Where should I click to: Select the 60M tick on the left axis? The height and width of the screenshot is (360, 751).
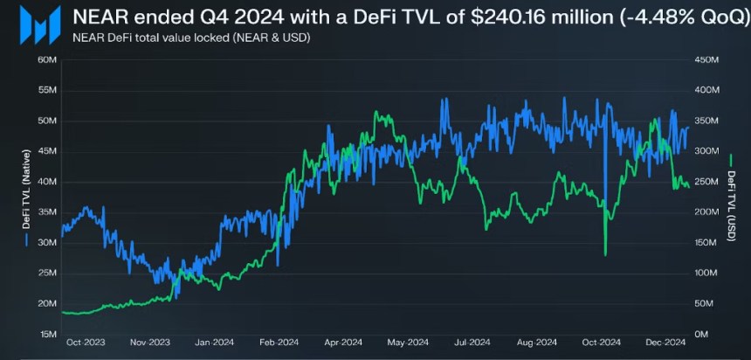pyautogui.click(x=47, y=59)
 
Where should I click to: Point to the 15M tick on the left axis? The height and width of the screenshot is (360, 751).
pyautogui.click(x=47, y=335)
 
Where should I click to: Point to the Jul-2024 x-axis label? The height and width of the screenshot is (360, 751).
pyautogui.click(x=469, y=342)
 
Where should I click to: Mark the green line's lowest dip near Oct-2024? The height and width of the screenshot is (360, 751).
pyautogui.click(x=605, y=254)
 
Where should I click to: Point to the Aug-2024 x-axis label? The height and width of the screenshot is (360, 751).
pyautogui.click(x=534, y=342)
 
